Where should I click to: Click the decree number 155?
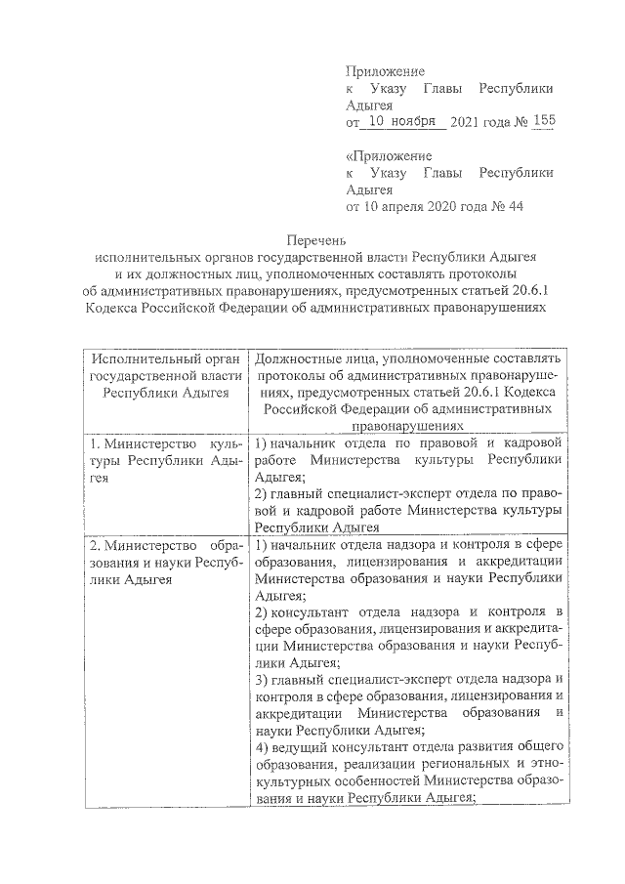543,122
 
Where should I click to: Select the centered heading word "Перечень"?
313,238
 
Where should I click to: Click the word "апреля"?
399,207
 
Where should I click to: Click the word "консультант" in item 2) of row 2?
306,611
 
